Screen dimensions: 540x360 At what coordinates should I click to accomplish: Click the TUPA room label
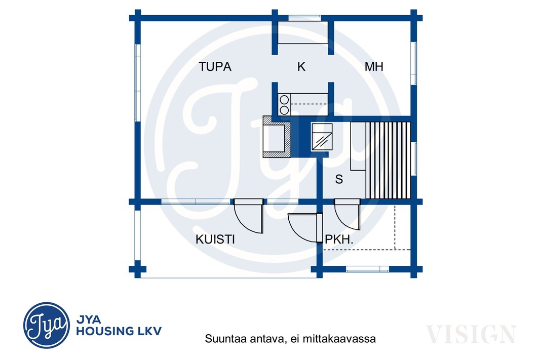coord(215,66)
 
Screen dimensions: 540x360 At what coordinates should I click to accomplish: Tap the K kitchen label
coord(301,66)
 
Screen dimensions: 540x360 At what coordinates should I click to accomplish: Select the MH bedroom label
coord(374,66)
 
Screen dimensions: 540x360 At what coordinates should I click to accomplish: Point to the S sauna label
coord(339,179)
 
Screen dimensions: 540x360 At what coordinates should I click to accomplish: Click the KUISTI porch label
coord(215,239)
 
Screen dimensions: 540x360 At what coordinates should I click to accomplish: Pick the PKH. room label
coord(339,239)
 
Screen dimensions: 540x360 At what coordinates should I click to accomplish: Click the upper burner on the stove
coord(284,100)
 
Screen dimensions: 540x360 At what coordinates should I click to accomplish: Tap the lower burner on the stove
coord(284,110)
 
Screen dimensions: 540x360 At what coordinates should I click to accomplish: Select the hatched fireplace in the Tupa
coord(277,137)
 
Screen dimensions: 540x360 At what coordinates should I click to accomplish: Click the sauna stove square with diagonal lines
coord(322,137)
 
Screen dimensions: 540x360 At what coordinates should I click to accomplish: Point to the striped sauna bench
coord(388,160)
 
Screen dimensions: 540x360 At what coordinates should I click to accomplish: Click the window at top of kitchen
coord(304,18)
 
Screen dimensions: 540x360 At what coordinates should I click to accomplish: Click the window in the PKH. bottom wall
coord(367,269)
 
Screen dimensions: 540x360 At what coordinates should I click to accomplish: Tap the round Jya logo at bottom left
coord(47,325)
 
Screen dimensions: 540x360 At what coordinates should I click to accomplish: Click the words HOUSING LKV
coord(119,331)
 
